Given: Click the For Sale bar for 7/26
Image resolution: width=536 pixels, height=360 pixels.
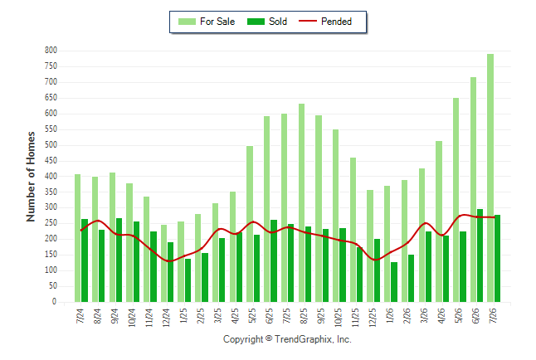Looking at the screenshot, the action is pyautogui.click(x=490, y=178).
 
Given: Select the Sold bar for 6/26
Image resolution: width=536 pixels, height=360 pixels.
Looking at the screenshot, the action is pyautogui.click(x=480, y=255).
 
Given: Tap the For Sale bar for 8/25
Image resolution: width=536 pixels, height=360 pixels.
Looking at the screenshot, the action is pyautogui.click(x=301, y=202).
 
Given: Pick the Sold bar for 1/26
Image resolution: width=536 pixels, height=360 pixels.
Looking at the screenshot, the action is pyautogui.click(x=394, y=282).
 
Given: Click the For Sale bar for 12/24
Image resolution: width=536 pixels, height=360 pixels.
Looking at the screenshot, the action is pyautogui.click(x=163, y=263).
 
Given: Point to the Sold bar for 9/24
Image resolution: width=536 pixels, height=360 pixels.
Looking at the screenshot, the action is pyautogui.click(x=119, y=260).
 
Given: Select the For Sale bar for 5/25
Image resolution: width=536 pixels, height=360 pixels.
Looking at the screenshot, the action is pyautogui.click(x=250, y=224).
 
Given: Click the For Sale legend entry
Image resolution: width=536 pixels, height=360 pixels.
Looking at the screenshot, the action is pyautogui.click(x=207, y=22).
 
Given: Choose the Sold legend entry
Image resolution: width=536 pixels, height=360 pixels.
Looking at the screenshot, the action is pyautogui.click(x=267, y=22).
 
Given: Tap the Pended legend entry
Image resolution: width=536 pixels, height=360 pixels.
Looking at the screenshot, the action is pyautogui.click(x=325, y=22).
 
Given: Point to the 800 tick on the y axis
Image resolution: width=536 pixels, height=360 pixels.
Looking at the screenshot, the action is pyautogui.click(x=51, y=51).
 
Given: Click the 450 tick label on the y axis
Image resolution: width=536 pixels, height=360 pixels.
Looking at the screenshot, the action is pyautogui.click(x=51, y=161).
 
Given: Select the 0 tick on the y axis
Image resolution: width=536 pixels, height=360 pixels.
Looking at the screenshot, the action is pyautogui.click(x=54, y=302).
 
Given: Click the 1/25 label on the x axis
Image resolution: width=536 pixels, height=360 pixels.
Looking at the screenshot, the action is pyautogui.click(x=183, y=315).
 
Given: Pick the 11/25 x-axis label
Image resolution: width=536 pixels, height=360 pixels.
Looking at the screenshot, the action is pyautogui.click(x=355, y=317).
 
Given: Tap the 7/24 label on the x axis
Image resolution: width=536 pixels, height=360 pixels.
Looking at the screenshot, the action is pyautogui.click(x=80, y=315).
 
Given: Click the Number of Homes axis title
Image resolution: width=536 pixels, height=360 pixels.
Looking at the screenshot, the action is pyautogui.click(x=31, y=177).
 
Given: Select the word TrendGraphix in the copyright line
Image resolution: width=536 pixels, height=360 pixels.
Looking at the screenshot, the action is pyautogui.click(x=303, y=339).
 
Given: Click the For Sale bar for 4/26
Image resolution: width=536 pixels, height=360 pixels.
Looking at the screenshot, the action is pyautogui.click(x=439, y=221).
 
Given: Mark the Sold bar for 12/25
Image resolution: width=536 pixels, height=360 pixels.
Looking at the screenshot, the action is pyautogui.click(x=377, y=270).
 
